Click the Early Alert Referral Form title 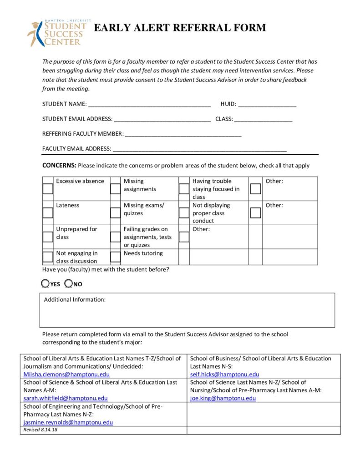pos(180,28)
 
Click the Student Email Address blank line pos(162,119)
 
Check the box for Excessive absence pos(48,188)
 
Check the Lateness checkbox pos(48,213)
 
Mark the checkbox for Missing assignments pos(116,188)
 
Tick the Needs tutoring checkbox pos(116,257)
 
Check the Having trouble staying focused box pos(184,188)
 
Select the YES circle pos(46,284)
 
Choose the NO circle pos(69,284)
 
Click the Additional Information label pos(75,299)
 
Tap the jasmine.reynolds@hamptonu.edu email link pos(68,422)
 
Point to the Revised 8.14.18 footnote pos(41,430)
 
